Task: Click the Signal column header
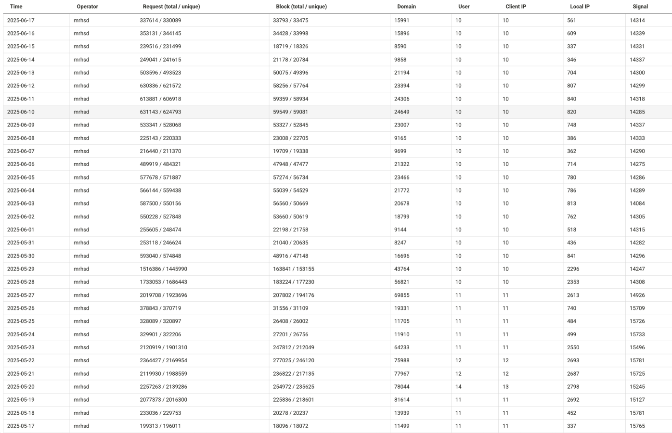tap(640, 7)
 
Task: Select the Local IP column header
tap(580, 7)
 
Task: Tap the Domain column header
tap(406, 7)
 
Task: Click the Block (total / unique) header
tap(301, 7)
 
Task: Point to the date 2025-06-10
tap(21, 112)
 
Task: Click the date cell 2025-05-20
tap(21, 387)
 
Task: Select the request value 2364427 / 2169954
tap(164, 361)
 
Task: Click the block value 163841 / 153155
tap(294, 269)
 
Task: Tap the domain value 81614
tap(402, 400)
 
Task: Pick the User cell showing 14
tap(458, 387)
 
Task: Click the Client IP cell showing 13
tap(505, 387)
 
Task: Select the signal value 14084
tap(637, 204)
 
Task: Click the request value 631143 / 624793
tap(160, 112)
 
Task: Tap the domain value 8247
tap(400, 243)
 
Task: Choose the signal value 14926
tap(637, 295)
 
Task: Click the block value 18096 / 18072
tap(290, 426)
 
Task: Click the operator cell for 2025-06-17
tap(81, 21)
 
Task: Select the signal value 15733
tap(637, 335)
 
